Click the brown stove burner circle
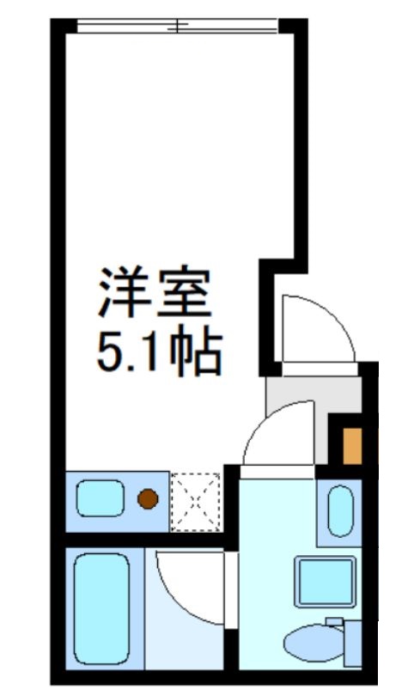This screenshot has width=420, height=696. [x=148, y=498]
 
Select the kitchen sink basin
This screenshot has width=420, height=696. [x=99, y=498]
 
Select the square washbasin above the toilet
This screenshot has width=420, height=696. [x=325, y=581]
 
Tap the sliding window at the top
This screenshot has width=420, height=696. [x=179, y=26]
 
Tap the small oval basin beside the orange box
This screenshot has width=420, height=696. [x=341, y=511]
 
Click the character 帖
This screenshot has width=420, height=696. [x=197, y=352]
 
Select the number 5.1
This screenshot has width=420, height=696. [x=129, y=352]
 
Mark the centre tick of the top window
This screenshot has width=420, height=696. [x=179, y=26]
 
